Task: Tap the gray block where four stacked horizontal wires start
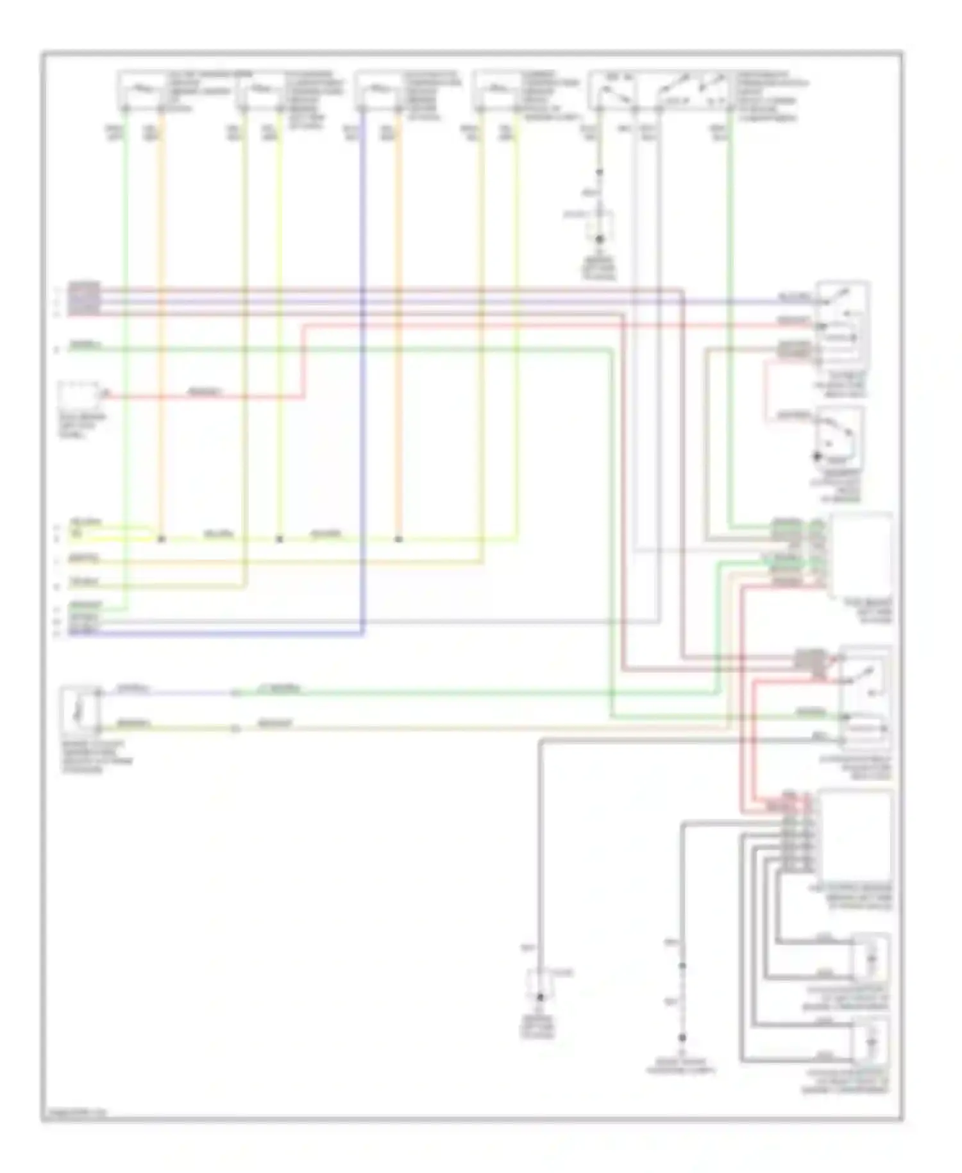click(84, 298)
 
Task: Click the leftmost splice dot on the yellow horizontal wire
click(162, 539)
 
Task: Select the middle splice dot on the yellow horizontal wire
click(280, 539)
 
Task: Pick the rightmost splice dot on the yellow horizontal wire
click(398, 539)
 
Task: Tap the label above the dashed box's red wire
click(204, 391)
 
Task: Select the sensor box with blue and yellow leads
click(80, 711)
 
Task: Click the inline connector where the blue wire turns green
click(235, 693)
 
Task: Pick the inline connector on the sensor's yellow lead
click(235, 729)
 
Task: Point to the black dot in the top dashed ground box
click(600, 239)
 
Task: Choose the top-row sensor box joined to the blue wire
click(380, 89)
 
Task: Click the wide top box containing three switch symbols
click(661, 89)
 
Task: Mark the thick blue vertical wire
click(363, 372)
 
